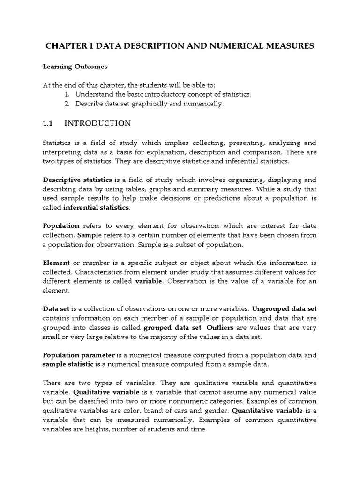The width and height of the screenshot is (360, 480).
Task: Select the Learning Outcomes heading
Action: coord(75,67)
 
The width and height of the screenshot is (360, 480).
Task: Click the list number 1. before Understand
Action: coord(67,94)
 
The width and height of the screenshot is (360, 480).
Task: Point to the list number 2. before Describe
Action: coord(67,104)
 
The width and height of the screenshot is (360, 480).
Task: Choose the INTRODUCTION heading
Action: coord(97,123)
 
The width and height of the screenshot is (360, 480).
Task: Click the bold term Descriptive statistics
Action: coord(77,180)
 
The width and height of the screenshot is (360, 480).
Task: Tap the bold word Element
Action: coord(56,262)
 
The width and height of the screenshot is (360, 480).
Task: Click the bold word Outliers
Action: coord(247,327)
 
